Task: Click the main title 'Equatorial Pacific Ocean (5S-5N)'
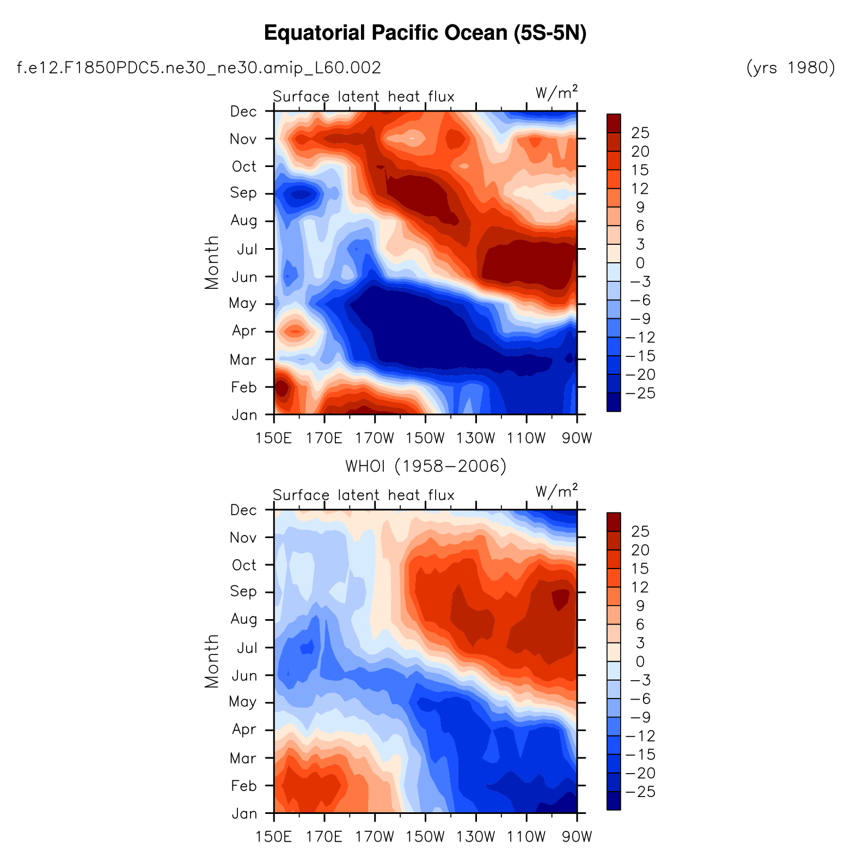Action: point(425,34)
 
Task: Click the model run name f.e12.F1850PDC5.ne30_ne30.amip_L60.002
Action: point(199,68)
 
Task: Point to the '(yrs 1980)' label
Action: point(791,68)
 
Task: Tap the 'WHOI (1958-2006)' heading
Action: point(426,466)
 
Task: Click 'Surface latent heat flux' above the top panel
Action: point(363,97)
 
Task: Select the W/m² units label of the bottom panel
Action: point(556,492)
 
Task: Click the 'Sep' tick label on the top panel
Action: point(243,193)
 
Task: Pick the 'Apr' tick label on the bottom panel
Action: point(243,729)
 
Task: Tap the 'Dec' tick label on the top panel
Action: point(243,112)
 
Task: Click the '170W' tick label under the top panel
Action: point(375,437)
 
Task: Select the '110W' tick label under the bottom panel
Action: point(526,836)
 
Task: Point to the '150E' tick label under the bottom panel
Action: point(274,836)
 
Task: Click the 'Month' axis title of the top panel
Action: point(211,262)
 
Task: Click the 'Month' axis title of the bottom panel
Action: point(211,661)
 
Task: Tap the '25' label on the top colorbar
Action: point(640,133)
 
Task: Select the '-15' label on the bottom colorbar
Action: point(640,755)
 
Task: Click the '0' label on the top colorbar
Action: point(640,263)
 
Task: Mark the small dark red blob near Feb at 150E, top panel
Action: point(281,388)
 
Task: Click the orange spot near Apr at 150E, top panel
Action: point(295,331)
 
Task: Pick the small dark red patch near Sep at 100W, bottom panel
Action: point(560,598)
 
